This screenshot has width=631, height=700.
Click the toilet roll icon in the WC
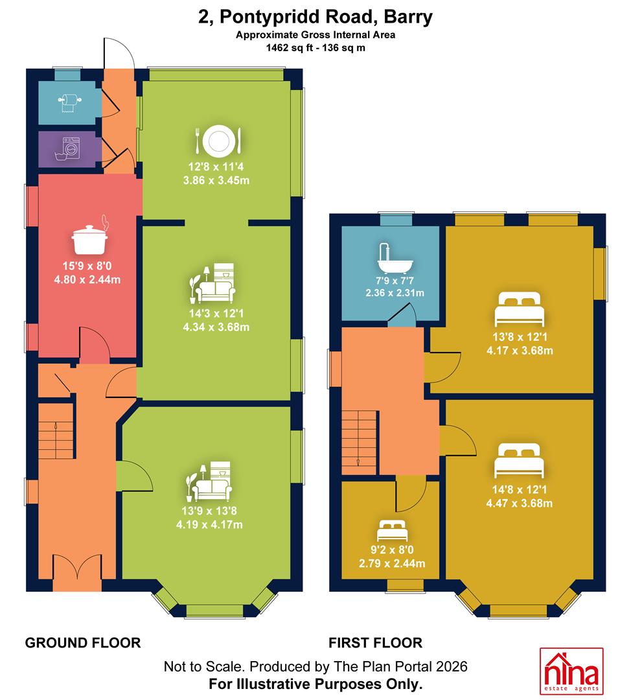tap(69, 103)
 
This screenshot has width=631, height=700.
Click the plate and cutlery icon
tap(218, 141)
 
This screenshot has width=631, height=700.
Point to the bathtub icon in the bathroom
tap(395, 259)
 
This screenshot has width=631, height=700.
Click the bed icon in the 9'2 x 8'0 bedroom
tap(392, 531)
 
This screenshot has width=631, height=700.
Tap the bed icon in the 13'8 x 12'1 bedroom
tap(520, 309)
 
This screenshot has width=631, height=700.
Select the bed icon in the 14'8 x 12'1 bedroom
tap(519, 461)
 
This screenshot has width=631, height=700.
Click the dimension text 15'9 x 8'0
tap(87, 266)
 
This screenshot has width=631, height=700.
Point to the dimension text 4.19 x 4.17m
tap(209, 524)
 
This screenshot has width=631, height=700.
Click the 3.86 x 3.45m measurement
tap(216, 181)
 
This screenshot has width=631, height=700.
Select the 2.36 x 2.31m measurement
tap(395, 293)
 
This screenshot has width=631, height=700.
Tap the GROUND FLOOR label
tap(83, 643)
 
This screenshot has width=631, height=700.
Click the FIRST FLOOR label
tap(376, 643)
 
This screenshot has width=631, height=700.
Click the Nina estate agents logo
tap(571, 671)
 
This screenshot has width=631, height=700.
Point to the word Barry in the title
tap(408, 17)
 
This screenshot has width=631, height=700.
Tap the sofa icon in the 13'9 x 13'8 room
tap(209, 481)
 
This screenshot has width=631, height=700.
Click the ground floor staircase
tap(56, 431)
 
